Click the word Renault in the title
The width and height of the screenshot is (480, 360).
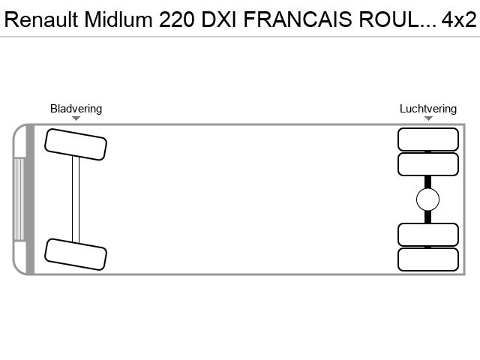[41, 19]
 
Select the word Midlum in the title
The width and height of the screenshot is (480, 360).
[118, 19]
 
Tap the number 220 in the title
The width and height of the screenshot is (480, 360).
[177, 19]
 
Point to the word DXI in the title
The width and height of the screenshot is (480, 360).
[218, 19]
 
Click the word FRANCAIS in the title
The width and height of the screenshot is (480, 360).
[298, 19]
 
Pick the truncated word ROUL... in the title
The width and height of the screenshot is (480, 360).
[397, 19]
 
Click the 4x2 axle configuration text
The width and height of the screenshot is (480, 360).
[459, 19]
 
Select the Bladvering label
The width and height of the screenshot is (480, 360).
[76, 109]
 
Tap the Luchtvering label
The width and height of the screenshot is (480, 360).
[428, 109]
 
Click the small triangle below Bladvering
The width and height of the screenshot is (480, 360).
[76, 118]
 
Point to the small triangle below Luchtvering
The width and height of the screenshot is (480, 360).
[428, 118]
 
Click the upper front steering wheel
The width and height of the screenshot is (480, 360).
[76, 145]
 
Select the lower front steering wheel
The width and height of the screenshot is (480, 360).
[76, 254]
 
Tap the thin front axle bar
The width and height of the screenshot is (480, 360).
[76, 199]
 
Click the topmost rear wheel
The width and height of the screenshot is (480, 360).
[428, 139]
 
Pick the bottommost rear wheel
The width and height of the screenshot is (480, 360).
[428, 259]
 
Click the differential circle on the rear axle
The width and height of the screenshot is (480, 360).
[428, 199]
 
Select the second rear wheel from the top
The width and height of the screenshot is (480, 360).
[428, 164]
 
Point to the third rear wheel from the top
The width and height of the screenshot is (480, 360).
[428, 235]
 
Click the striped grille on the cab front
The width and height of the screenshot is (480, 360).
[19, 199]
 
